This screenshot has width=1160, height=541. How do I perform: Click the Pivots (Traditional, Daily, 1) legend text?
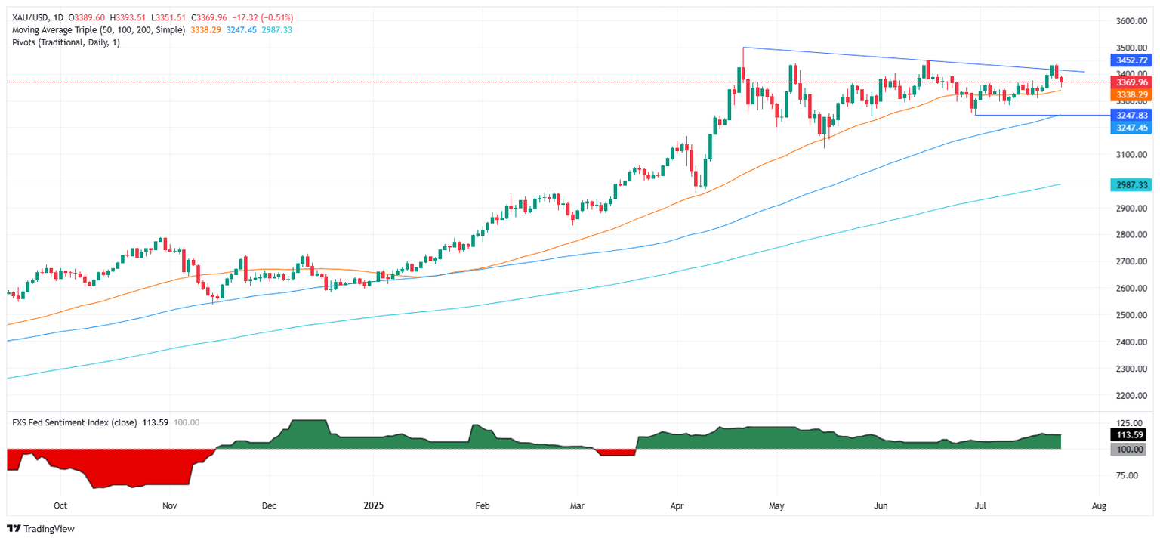(x=65, y=42)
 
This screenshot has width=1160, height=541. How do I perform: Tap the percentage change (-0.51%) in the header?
(x=277, y=17)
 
